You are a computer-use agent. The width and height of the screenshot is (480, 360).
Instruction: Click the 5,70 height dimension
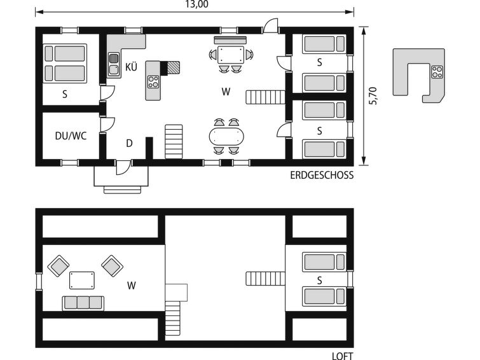pyautogui.click(x=373, y=95)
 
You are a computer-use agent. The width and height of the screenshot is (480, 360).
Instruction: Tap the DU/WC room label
pyautogui.click(x=70, y=135)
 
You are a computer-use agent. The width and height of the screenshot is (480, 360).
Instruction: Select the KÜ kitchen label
pyautogui.click(x=132, y=67)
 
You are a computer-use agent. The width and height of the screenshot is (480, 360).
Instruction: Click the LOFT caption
pyautogui.click(x=342, y=356)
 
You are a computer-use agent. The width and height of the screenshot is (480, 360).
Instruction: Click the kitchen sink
pyautogui.click(x=114, y=64)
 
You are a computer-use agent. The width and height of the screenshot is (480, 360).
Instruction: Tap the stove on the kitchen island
pyautogui.click(x=153, y=81)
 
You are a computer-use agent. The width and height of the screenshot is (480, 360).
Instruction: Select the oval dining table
pyautogui.click(x=226, y=136)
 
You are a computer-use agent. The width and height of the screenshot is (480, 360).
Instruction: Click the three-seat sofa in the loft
pyautogui.click(x=83, y=302)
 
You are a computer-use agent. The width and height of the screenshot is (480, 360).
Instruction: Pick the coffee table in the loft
pyautogui.click(x=82, y=280)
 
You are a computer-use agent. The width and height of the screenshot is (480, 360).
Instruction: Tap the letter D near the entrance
pyautogui.click(x=129, y=143)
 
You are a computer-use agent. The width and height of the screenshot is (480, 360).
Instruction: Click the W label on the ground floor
pyautogui.click(x=226, y=92)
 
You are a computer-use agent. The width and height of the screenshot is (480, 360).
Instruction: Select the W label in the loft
pyautogui.click(x=131, y=286)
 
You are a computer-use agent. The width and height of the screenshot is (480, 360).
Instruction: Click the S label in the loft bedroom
pyautogui.click(x=319, y=279)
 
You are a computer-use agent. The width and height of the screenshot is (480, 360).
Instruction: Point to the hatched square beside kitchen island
pyautogui.click(x=173, y=67)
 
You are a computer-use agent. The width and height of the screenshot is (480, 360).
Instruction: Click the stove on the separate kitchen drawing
pyautogui.click(x=437, y=72)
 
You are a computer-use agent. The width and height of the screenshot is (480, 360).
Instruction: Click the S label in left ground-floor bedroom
pyautogui.click(x=65, y=93)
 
